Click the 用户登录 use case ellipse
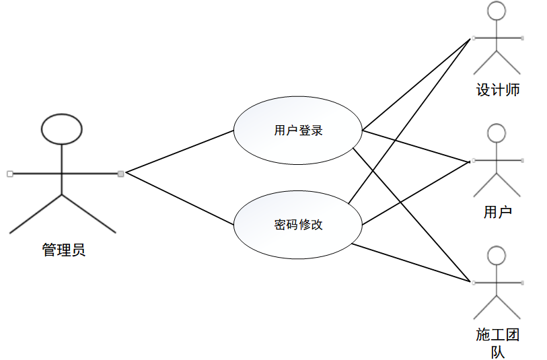[298, 131]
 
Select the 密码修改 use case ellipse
[298, 225]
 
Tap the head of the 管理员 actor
[62, 129]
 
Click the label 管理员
[64, 251]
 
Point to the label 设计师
[498, 90]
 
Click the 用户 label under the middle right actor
[498, 213]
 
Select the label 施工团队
[498, 342]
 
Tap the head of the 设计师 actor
[497, 11]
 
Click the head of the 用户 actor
[497, 133]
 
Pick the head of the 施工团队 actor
[497, 256]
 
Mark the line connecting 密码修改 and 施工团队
[410, 262]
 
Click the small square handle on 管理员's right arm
[120, 174]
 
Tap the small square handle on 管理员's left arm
[9, 174]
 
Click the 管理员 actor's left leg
[35, 214]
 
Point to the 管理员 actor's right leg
[89, 214]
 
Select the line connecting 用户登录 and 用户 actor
[415, 146]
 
